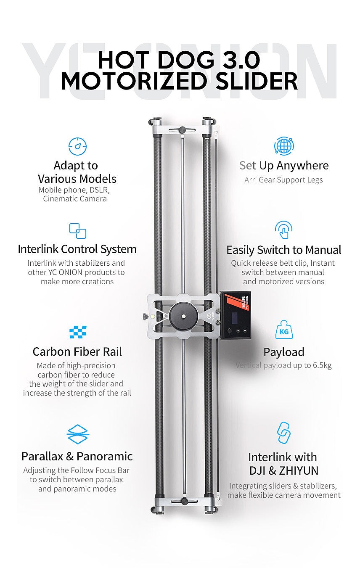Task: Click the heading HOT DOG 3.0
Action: pyautogui.click(x=179, y=60)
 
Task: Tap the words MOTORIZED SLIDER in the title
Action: pyautogui.click(x=179, y=81)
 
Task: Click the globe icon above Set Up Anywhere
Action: pyautogui.click(x=284, y=146)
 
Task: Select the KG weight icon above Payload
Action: pyautogui.click(x=284, y=329)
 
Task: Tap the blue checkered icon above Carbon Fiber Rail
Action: pyautogui.click(x=78, y=332)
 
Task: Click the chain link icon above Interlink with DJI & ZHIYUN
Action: pyautogui.click(x=284, y=433)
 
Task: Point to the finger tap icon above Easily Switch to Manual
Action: pyautogui.click(x=283, y=230)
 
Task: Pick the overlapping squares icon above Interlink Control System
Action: pyautogui.click(x=78, y=231)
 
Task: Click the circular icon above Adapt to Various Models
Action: pyautogui.click(x=78, y=146)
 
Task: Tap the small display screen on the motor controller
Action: pyautogui.click(x=235, y=317)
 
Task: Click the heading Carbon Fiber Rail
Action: pyautogui.click(x=77, y=352)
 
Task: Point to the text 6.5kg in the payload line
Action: pyautogui.click(x=322, y=365)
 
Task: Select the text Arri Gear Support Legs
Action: pyautogui.click(x=283, y=180)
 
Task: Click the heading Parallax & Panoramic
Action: pyautogui.click(x=77, y=457)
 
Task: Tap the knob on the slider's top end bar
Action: pyautogui.click(x=183, y=130)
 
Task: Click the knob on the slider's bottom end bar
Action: pyautogui.click(x=184, y=501)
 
